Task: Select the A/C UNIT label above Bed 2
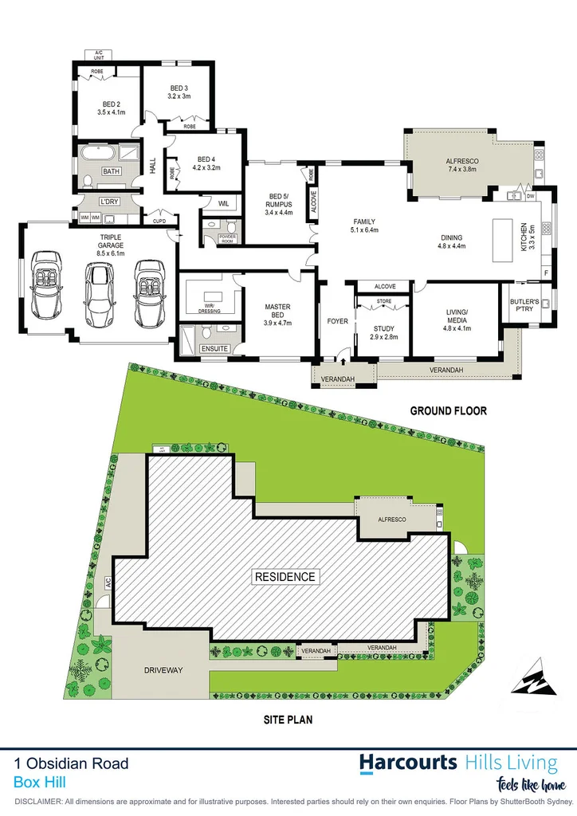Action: [100, 55]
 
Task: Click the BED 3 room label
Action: [179, 92]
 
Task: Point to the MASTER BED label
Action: [277, 311]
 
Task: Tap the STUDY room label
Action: [384, 332]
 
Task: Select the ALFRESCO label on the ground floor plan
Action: [450, 165]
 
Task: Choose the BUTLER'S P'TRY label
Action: [524, 304]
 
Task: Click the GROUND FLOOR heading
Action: [448, 411]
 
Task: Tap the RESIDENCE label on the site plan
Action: [285, 576]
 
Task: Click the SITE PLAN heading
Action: [288, 719]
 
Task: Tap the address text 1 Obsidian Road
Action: [71, 763]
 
